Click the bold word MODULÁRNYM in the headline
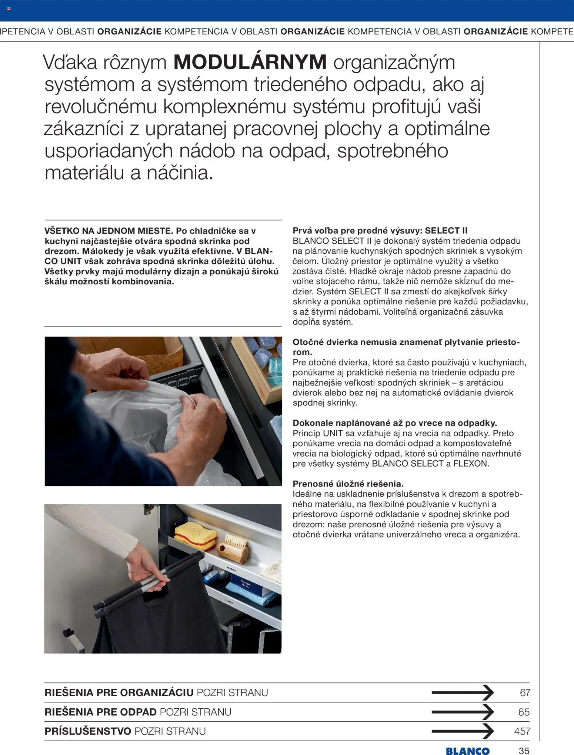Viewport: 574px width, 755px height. pyautogui.click(x=250, y=62)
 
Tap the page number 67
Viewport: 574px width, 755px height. pyautogui.click(x=525, y=692)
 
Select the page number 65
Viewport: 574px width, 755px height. pyautogui.click(x=524, y=712)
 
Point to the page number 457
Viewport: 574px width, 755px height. pyautogui.click(x=522, y=731)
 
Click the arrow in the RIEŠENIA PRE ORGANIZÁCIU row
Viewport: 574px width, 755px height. pyautogui.click(x=463, y=692)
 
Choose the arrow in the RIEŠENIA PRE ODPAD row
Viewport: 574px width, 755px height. pyautogui.click(x=463, y=712)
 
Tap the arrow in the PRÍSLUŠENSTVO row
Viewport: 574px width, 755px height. pyautogui.click(x=463, y=731)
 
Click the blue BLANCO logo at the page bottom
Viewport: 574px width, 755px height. pyautogui.click(x=467, y=751)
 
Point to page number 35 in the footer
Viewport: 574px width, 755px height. pyautogui.click(x=524, y=751)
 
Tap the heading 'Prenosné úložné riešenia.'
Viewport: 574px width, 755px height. pyautogui.click(x=348, y=484)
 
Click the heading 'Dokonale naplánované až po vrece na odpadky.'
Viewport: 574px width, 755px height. pyautogui.click(x=395, y=423)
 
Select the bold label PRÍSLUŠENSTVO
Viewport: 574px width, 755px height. pyautogui.click(x=88, y=731)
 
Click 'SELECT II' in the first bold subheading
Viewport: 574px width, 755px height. pyautogui.click(x=446, y=231)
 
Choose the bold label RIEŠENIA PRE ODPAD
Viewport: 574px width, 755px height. pyautogui.click(x=100, y=712)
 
